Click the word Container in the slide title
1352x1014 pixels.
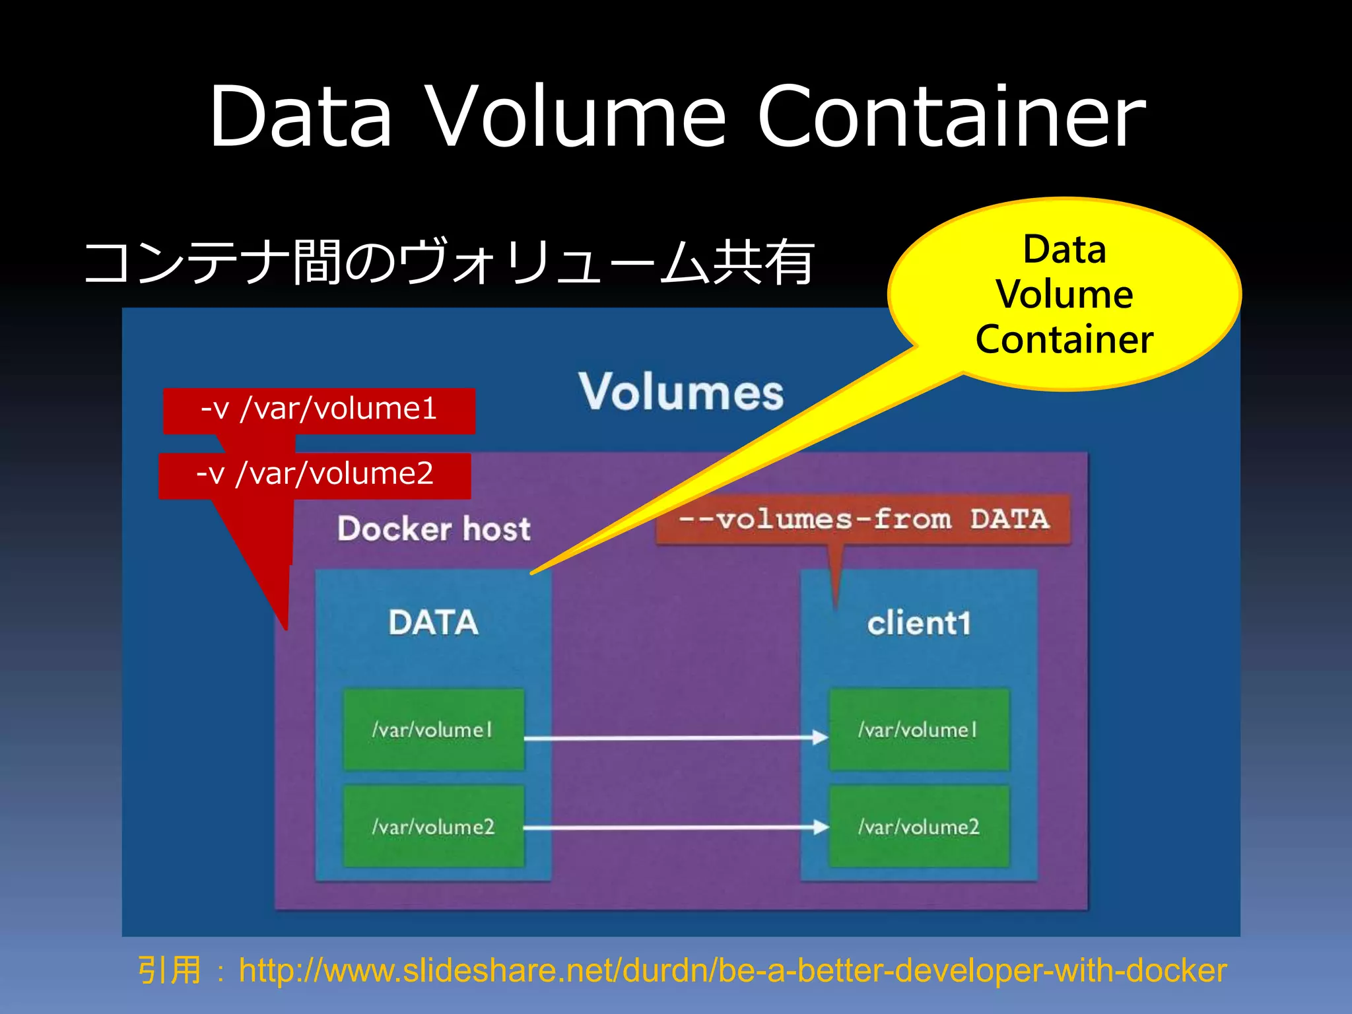click(x=951, y=118)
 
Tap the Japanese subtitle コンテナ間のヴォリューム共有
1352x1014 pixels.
click(x=449, y=262)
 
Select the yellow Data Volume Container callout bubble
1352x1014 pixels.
click(x=1064, y=294)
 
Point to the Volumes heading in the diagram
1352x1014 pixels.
click(x=681, y=392)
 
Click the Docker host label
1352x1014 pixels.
click(x=434, y=529)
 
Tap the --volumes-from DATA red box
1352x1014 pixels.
click(x=863, y=520)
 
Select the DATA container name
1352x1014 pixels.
click(x=433, y=623)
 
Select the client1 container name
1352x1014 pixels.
click(x=918, y=623)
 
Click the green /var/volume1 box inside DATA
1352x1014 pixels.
click(x=433, y=729)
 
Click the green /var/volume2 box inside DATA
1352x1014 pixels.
click(x=433, y=826)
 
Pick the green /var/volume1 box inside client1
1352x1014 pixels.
click(x=918, y=729)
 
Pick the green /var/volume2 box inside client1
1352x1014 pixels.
click(x=918, y=826)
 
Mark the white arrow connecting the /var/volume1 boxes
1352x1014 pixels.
click(x=673, y=738)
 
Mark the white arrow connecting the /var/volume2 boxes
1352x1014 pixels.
click(x=673, y=827)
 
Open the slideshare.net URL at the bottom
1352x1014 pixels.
click(x=732, y=970)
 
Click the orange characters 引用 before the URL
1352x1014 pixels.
click(x=169, y=970)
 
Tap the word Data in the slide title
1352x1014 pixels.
click(x=301, y=118)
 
